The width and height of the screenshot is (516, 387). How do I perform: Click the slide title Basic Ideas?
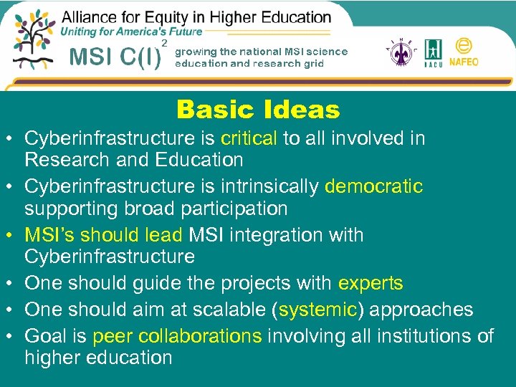pos(258,110)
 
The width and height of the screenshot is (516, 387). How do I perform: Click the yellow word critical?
pos(250,138)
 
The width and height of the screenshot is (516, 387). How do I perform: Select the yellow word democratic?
pos(373,187)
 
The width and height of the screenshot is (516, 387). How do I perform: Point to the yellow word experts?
pos(371,284)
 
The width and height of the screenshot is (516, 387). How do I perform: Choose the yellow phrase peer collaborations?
pos(177,335)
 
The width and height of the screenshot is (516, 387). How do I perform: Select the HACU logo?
pos(434,52)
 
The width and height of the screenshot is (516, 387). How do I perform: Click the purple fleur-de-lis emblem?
pos(399,52)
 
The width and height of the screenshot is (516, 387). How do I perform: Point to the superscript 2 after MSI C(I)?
pos(165,44)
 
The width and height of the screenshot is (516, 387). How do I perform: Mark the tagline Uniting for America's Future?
pos(131,32)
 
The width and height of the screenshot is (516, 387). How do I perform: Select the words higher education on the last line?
pos(98,357)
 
